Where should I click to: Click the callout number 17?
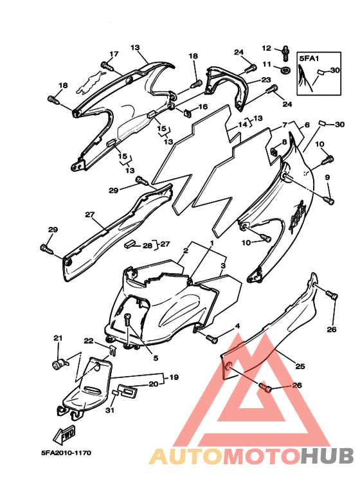coord(114,54)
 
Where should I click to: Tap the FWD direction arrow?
coord(64,435)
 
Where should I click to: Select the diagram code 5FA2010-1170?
coord(66,453)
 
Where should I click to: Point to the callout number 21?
coord(58,338)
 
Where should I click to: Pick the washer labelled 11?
coord(285,69)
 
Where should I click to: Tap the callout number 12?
coord(267,48)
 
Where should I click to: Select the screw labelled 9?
coord(328,200)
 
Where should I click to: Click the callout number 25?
coord(300,366)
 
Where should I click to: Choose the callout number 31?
coord(110,410)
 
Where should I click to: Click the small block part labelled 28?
coord(130,244)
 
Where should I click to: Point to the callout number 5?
coord(156,358)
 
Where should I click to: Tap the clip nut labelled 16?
coord(188,113)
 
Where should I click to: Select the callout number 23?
coord(266,80)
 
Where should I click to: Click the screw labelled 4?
coord(212,339)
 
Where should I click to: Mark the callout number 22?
coord(89,341)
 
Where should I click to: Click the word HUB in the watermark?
coord(327,456)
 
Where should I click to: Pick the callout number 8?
coord(284,142)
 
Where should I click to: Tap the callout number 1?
coord(212,243)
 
